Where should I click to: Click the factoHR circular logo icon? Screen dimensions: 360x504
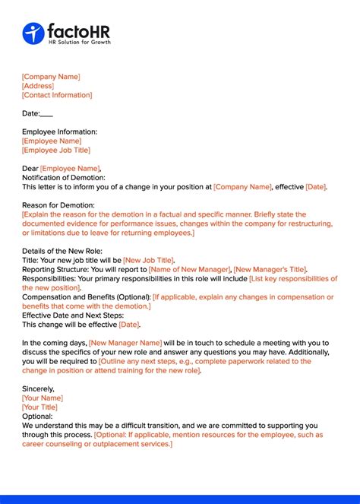33,33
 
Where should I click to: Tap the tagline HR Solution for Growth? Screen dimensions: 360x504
79,42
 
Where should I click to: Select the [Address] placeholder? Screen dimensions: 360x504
38,86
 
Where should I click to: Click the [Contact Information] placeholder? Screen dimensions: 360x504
57,95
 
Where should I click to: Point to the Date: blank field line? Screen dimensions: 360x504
46,113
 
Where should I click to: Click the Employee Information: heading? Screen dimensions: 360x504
59,132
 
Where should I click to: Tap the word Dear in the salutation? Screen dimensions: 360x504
30,168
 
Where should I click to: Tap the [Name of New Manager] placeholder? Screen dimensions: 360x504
189,269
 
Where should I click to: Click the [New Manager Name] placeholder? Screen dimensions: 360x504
125,343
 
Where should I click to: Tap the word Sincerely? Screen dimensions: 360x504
38,388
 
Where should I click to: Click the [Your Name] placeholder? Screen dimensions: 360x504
43,398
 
